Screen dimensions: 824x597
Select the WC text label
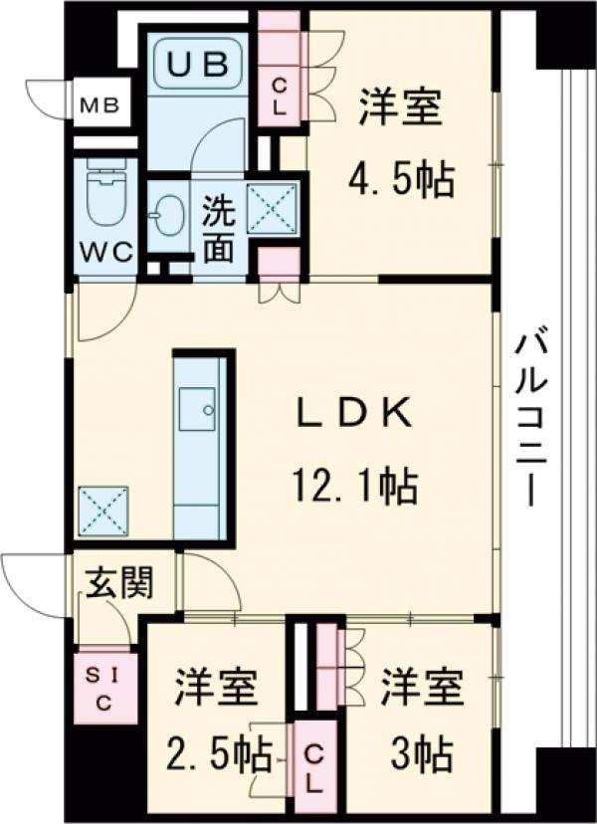106,252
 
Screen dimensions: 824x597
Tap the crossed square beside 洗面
272,209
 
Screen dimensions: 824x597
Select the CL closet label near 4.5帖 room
282,96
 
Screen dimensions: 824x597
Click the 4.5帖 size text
400,180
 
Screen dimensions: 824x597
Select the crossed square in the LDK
103,511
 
